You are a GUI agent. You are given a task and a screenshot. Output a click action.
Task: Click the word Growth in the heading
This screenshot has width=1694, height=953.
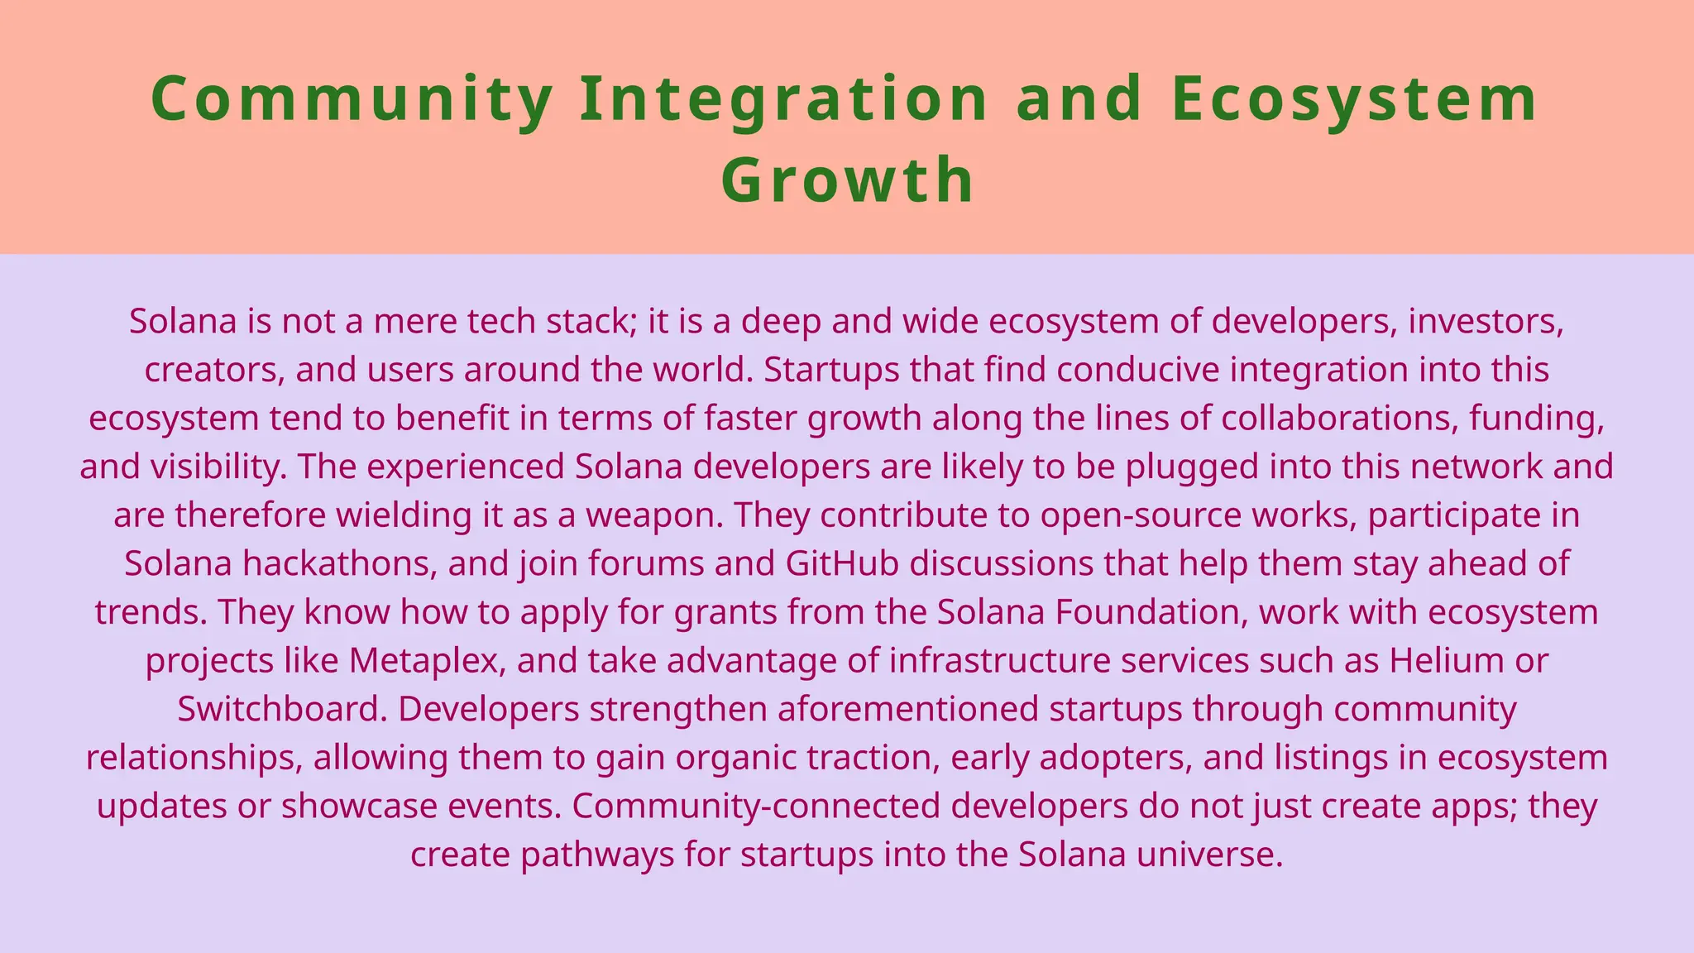point(847,180)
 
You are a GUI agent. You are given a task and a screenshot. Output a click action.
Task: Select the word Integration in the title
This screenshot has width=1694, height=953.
point(783,99)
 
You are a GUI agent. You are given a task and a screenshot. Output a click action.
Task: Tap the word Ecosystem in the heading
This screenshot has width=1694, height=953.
point(1354,99)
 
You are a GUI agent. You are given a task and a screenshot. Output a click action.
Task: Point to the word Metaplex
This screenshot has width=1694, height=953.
point(425,661)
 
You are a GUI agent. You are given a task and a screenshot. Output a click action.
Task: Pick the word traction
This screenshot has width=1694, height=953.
point(872,758)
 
